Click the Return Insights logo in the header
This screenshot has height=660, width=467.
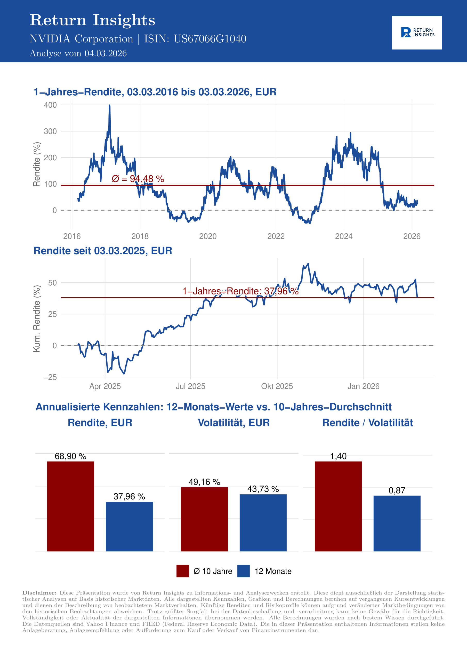417,33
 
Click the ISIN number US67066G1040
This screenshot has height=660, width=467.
210,39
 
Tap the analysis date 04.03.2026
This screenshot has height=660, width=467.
105,53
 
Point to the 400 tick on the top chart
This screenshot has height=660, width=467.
50,105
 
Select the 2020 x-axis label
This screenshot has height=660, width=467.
208,236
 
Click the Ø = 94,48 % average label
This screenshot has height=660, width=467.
138,179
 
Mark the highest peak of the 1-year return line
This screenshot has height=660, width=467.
109,106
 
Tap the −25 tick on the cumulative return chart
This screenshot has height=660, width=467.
50,377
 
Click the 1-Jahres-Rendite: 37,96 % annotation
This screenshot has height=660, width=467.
240,291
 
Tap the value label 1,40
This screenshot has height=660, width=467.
338,456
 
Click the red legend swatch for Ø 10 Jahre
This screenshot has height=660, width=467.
183,571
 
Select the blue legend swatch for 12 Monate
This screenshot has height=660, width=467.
243,571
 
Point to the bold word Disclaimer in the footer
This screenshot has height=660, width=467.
39,593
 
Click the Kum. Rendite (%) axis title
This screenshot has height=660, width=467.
37,318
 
